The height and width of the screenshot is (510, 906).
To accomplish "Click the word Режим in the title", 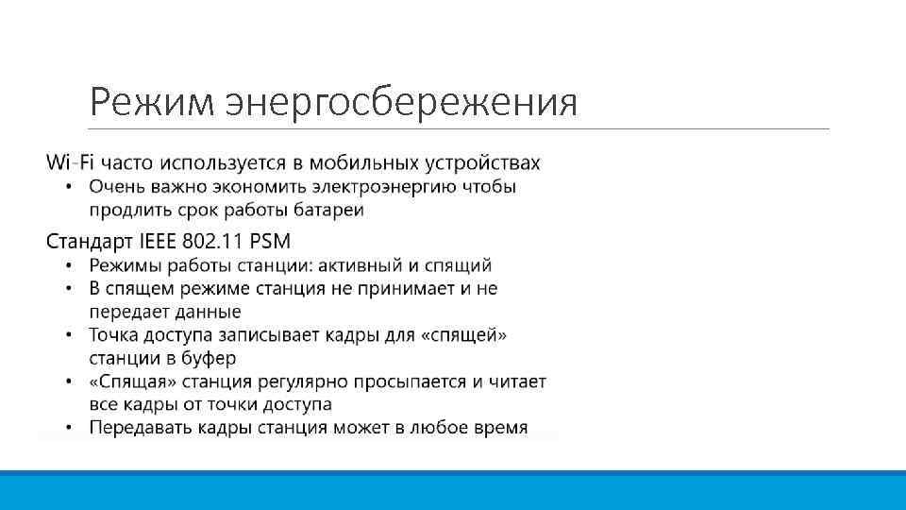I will click(x=150, y=101).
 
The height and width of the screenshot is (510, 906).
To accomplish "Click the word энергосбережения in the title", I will click(x=399, y=102).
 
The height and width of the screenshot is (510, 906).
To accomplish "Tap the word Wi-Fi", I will click(x=71, y=162).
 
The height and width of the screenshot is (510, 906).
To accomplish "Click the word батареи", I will click(x=327, y=209).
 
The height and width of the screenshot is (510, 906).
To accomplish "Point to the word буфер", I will click(x=209, y=358).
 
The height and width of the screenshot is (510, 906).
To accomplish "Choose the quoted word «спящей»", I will click(x=469, y=335).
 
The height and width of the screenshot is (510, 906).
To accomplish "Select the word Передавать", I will click(x=142, y=428).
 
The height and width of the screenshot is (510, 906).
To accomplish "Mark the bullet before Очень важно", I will click(x=69, y=187).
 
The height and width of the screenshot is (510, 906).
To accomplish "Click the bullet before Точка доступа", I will click(x=69, y=335).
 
